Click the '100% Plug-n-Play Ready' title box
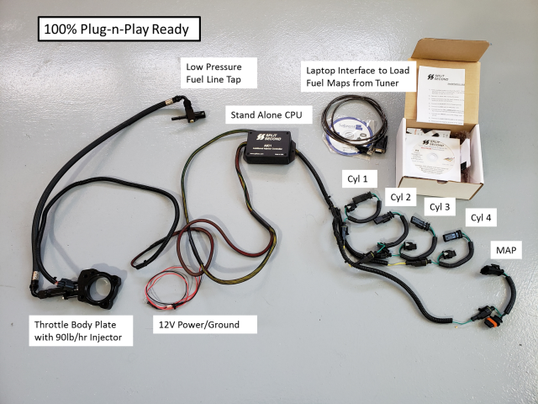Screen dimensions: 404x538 tap(117, 29)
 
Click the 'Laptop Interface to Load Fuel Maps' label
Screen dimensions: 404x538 tap(361, 77)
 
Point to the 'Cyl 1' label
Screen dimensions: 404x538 tap(359, 178)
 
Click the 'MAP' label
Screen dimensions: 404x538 tap(508, 250)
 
